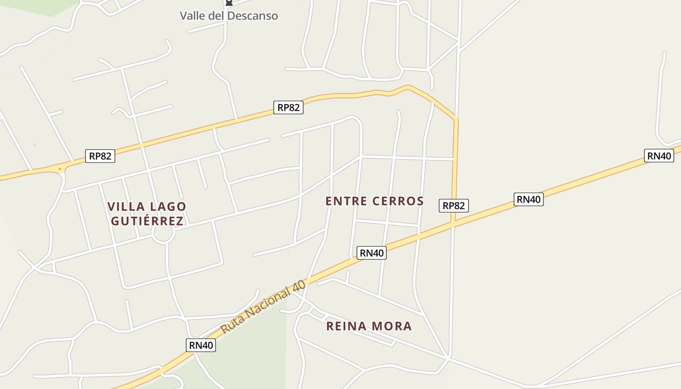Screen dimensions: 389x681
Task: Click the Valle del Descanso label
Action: click(229, 16)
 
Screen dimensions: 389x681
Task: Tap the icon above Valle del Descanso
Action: click(229, 3)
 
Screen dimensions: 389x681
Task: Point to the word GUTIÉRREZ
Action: click(147, 221)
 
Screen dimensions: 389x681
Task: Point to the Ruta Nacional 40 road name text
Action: click(263, 307)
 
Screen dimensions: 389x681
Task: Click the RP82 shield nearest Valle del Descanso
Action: click(288, 107)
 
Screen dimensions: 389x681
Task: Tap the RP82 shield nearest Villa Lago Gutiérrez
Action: click(100, 156)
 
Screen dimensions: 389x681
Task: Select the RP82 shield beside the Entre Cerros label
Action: click(453, 206)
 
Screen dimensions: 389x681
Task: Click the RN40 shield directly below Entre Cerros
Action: click(372, 253)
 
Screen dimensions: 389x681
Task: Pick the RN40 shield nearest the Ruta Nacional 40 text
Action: click(200, 345)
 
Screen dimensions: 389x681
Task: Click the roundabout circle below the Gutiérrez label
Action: click(163, 234)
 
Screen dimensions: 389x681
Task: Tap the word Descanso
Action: click(252, 16)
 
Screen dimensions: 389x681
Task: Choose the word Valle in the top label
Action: click(193, 16)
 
